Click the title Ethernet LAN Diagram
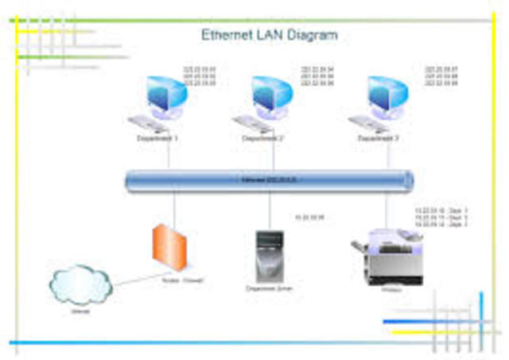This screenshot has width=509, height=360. (x=269, y=35)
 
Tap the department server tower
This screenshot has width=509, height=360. (x=270, y=254)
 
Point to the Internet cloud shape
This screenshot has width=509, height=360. (x=80, y=282)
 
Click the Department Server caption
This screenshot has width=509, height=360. (x=270, y=288)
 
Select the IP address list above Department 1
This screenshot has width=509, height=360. (x=200, y=75)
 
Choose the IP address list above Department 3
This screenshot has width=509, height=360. (x=441, y=75)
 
